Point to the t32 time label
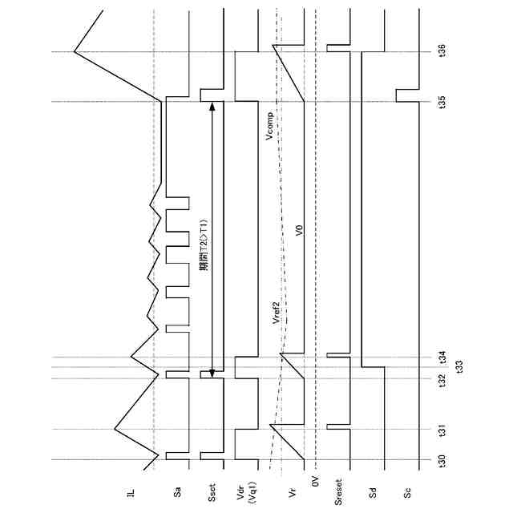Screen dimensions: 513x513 (x=442, y=379)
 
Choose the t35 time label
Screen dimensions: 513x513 (x=442, y=102)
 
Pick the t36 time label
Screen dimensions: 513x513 (x=442, y=52)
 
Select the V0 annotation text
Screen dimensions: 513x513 (x=299, y=231)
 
